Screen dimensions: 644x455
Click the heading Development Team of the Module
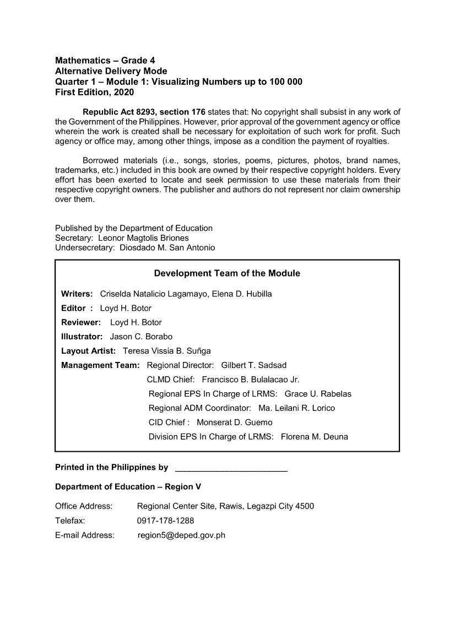click(x=227, y=273)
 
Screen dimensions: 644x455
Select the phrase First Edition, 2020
click(x=94, y=93)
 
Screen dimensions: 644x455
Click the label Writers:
click(x=77, y=294)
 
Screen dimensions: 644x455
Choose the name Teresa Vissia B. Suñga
click(x=166, y=351)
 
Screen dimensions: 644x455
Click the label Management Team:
click(x=101, y=365)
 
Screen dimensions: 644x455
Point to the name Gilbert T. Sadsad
click(x=253, y=365)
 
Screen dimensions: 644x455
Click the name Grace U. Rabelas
click(x=318, y=394)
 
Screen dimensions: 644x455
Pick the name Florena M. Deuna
click(x=315, y=437)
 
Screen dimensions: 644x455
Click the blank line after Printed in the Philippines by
click(x=231, y=468)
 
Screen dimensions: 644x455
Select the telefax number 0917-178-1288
click(x=165, y=521)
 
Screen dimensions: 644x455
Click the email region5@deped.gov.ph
click(x=181, y=535)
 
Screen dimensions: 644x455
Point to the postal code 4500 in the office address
click(x=305, y=506)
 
